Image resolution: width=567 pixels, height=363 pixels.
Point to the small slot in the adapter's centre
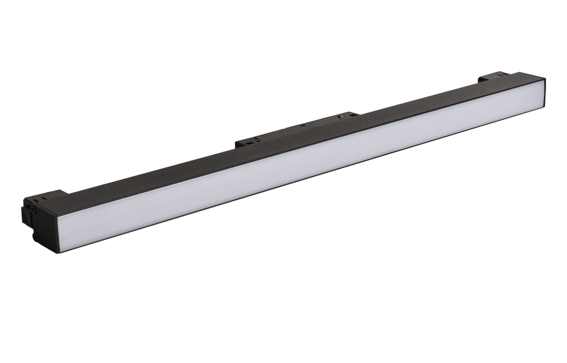(303, 125)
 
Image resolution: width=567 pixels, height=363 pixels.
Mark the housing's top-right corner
(545, 79)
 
